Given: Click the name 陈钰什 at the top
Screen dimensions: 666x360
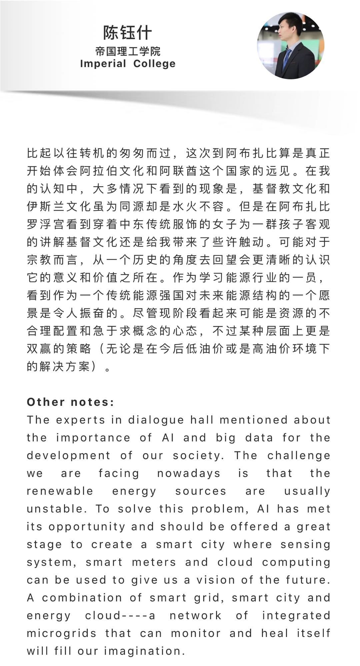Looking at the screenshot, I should (x=127, y=32).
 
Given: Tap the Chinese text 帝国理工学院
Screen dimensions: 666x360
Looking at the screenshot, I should (x=128, y=51).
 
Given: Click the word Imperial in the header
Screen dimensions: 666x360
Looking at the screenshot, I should (x=103, y=63).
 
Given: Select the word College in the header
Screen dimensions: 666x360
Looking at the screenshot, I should (x=154, y=63).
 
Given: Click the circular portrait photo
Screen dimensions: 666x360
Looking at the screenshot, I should (x=290, y=46).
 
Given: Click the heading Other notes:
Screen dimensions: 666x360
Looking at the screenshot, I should (x=70, y=402).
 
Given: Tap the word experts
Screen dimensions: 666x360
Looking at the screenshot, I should (x=81, y=420).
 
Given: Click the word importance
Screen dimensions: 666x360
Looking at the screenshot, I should (x=93, y=437).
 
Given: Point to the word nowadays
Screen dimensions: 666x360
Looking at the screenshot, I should (x=189, y=473).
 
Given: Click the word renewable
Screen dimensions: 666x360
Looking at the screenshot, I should (x=60, y=491).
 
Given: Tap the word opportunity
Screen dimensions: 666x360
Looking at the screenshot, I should (x=87, y=527).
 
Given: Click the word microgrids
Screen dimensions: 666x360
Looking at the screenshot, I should (x=62, y=633).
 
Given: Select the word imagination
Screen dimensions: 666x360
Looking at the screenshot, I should (x=144, y=651).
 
